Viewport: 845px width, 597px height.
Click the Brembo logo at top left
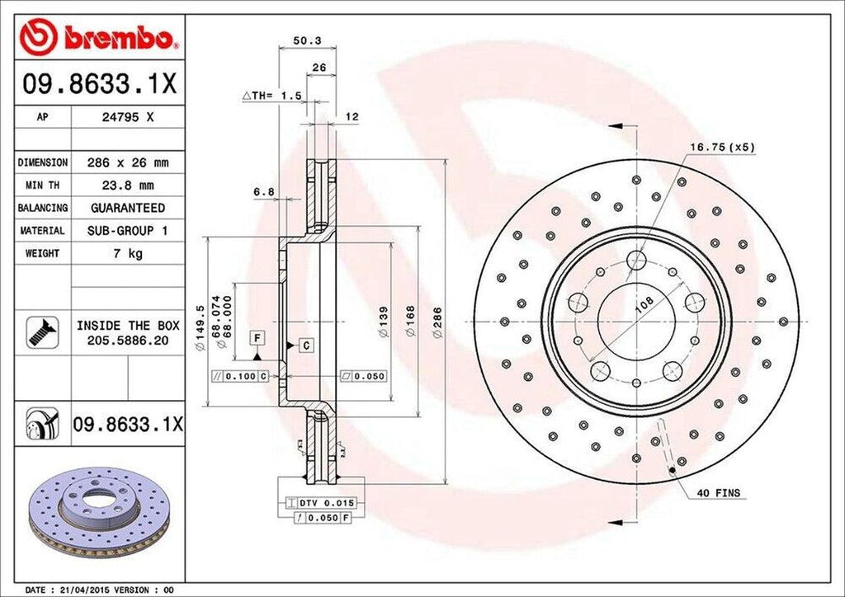99,36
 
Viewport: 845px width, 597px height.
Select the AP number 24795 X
126,117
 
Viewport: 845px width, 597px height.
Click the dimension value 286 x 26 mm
126,162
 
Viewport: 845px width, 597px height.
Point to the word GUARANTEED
127,208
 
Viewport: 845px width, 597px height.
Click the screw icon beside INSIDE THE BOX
39,331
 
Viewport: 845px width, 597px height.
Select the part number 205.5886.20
127,340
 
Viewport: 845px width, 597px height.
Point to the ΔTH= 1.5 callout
271,96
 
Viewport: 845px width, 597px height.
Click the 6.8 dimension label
264,192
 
